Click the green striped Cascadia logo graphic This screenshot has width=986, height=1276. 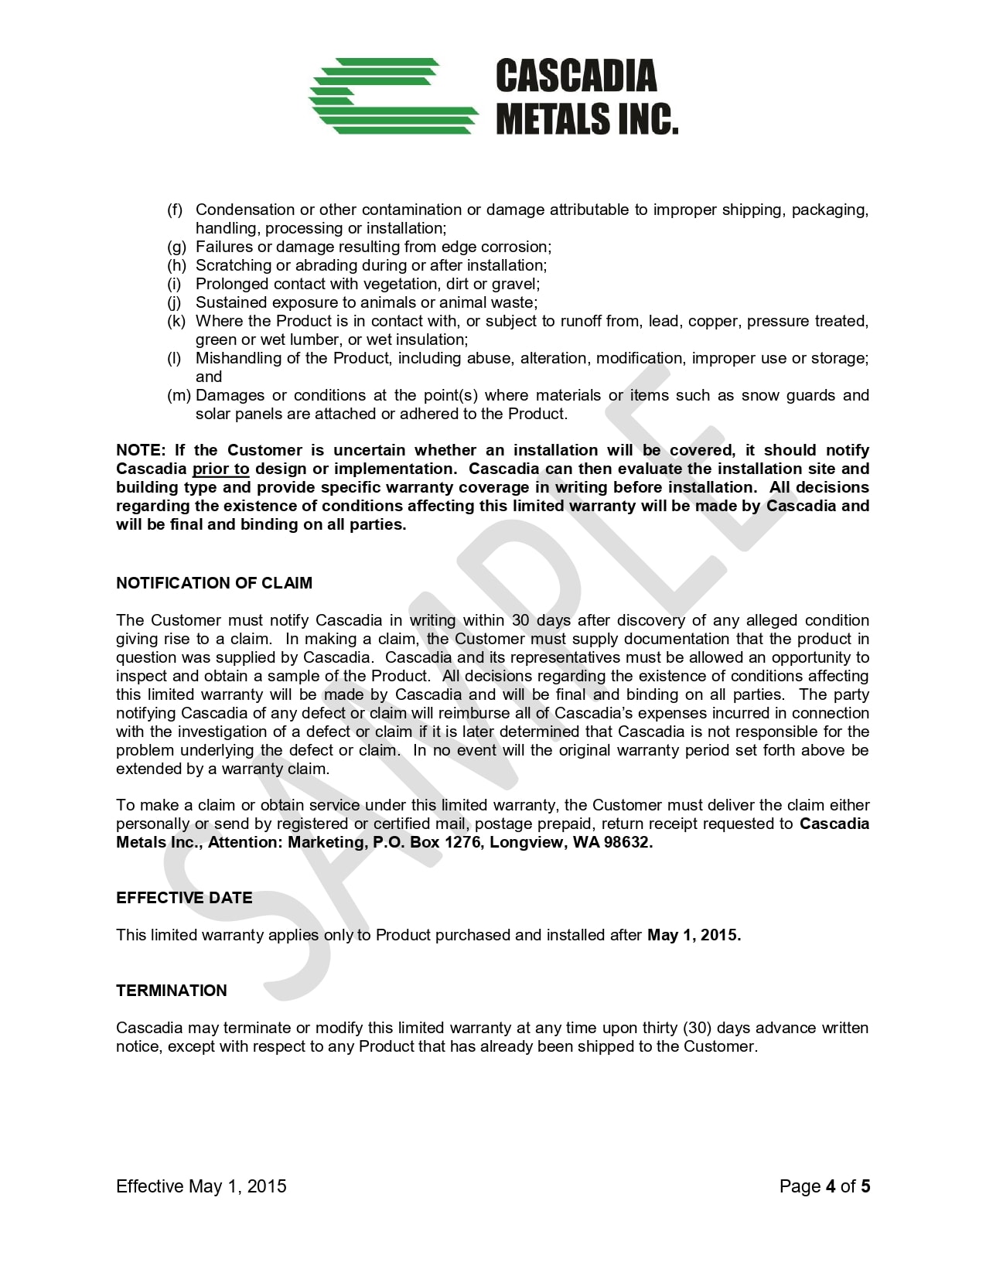[x=393, y=96]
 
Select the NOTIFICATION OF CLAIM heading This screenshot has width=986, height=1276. [x=214, y=583]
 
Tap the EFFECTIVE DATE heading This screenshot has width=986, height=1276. [x=184, y=898]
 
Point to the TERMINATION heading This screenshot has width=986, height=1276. [x=172, y=991]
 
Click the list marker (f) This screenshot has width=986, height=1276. [x=176, y=210]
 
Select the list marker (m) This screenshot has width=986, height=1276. [x=179, y=395]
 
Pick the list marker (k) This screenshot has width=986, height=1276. [x=176, y=321]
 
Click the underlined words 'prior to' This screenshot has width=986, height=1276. [x=220, y=469]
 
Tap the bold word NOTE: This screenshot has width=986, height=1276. [x=141, y=450]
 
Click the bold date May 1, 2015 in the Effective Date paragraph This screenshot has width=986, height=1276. [x=694, y=935]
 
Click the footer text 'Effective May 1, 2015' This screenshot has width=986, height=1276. [x=201, y=1186]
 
